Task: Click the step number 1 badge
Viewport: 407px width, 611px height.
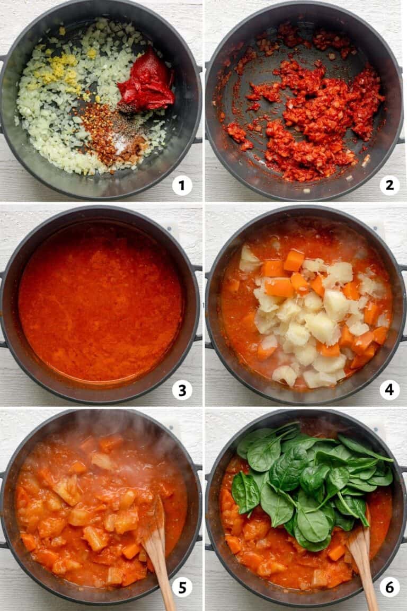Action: [182, 186]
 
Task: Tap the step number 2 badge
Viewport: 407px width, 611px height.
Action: [390, 186]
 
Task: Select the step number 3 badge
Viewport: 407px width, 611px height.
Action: [182, 390]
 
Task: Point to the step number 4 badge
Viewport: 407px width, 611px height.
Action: [390, 390]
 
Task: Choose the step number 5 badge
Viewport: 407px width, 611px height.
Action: [182, 587]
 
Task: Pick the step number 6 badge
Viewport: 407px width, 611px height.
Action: [390, 587]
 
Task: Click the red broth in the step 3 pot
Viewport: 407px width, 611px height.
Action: [101, 302]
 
